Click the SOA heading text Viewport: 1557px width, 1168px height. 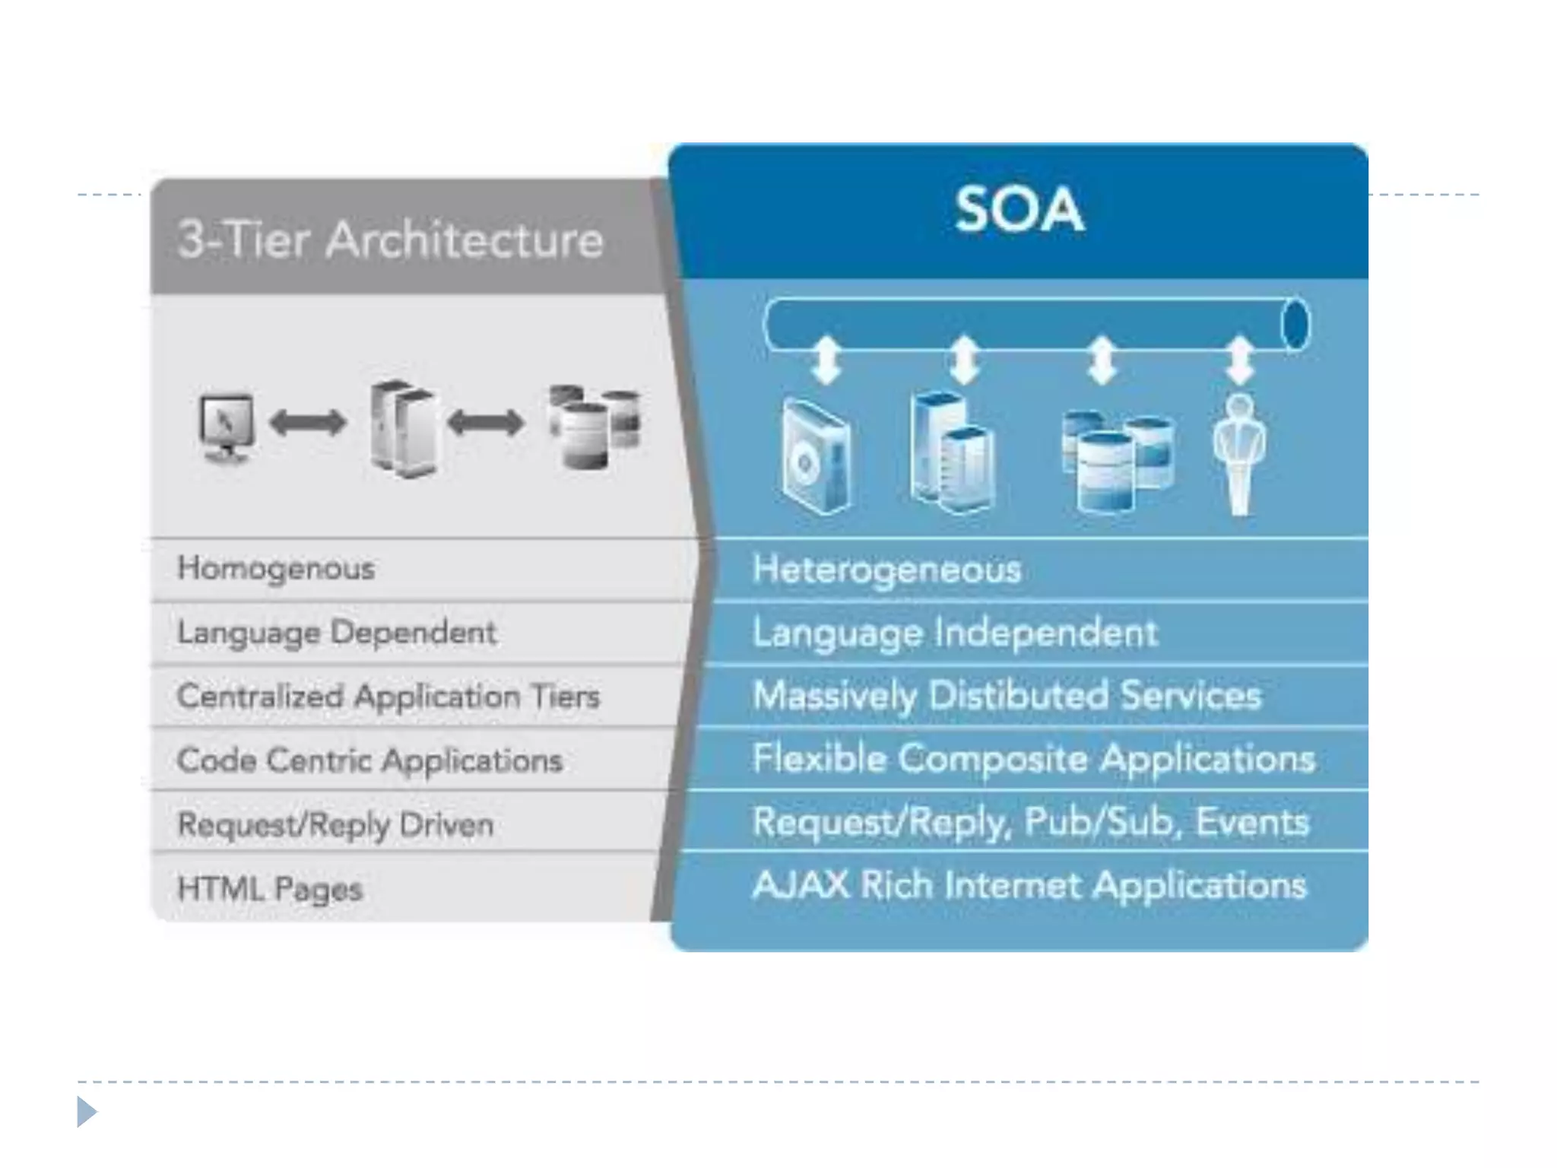point(1019,210)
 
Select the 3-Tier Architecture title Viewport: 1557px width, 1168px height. point(390,240)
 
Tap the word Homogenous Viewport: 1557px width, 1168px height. point(276,569)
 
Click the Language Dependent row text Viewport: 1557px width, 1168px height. point(337,633)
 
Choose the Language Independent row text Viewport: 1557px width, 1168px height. point(955,633)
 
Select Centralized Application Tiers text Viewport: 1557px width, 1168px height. point(388,697)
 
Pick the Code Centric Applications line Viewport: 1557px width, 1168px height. point(369,760)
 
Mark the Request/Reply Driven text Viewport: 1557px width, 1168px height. point(335,824)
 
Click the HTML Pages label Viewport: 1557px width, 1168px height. point(270,888)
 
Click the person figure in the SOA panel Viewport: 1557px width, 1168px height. point(1240,454)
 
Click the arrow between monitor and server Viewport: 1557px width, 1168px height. point(308,423)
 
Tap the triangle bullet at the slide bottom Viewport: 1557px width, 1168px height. point(87,1112)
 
